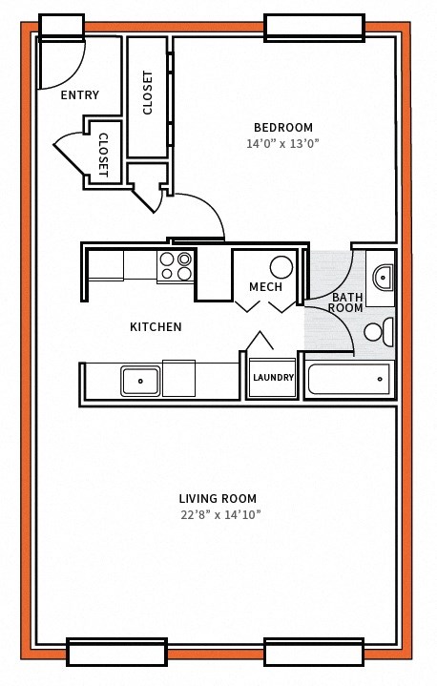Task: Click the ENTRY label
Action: (x=79, y=95)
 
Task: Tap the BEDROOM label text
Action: (x=282, y=128)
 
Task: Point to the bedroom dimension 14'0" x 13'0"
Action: (x=282, y=144)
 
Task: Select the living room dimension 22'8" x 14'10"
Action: (x=218, y=514)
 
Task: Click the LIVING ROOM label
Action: (x=218, y=498)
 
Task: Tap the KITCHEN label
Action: (x=156, y=327)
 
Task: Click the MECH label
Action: (x=265, y=287)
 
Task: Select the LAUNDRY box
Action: (x=273, y=378)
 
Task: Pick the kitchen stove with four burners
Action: (x=175, y=267)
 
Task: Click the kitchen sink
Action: (x=140, y=381)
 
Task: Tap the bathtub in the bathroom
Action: (x=348, y=379)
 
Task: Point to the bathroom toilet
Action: (x=377, y=332)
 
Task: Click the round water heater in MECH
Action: (x=281, y=266)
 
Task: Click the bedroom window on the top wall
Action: (x=313, y=27)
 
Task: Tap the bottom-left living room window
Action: (x=116, y=653)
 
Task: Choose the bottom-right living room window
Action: (x=313, y=653)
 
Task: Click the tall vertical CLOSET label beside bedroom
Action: (x=148, y=93)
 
